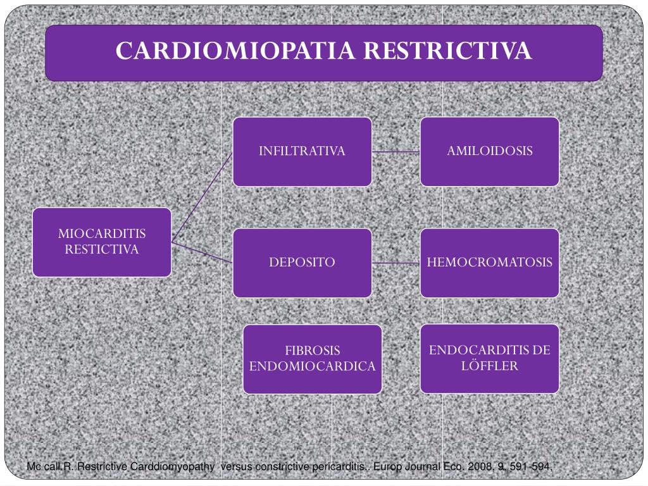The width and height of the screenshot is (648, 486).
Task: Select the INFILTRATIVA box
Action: click(x=302, y=151)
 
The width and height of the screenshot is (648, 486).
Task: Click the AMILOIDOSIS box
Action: click(x=490, y=151)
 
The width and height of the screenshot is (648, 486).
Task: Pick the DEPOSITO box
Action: click(x=302, y=263)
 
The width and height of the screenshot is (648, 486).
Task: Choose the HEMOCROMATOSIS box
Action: click(x=490, y=263)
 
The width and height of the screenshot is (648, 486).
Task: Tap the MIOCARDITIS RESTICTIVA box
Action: click(x=102, y=242)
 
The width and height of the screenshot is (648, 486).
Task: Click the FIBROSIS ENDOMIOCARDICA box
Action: click(x=313, y=358)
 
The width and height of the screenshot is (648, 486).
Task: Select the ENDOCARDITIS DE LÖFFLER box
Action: click(x=490, y=358)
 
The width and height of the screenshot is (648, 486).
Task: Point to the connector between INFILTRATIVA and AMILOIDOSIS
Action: click(x=396, y=152)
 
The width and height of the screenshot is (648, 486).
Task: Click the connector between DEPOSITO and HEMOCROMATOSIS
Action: click(x=396, y=263)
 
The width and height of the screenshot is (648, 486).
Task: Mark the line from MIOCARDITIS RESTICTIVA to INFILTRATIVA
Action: click(x=202, y=197)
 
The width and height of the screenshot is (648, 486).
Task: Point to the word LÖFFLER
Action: click(x=490, y=366)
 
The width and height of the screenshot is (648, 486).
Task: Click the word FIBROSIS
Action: click(x=313, y=351)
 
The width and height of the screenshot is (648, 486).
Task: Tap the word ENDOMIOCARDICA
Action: click(x=313, y=366)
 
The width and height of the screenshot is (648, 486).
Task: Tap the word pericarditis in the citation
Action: click(x=339, y=467)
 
